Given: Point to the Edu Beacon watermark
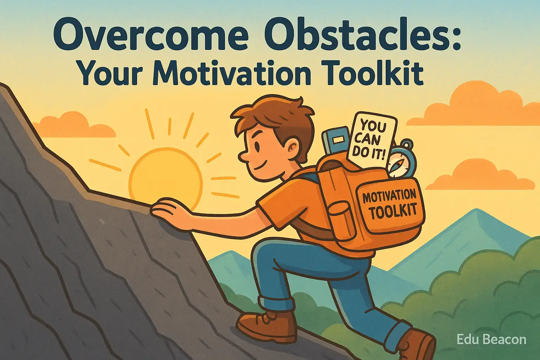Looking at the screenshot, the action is (491, 340).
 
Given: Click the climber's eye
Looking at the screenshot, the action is (257, 146).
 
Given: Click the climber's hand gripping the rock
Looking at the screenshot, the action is (169, 208).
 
